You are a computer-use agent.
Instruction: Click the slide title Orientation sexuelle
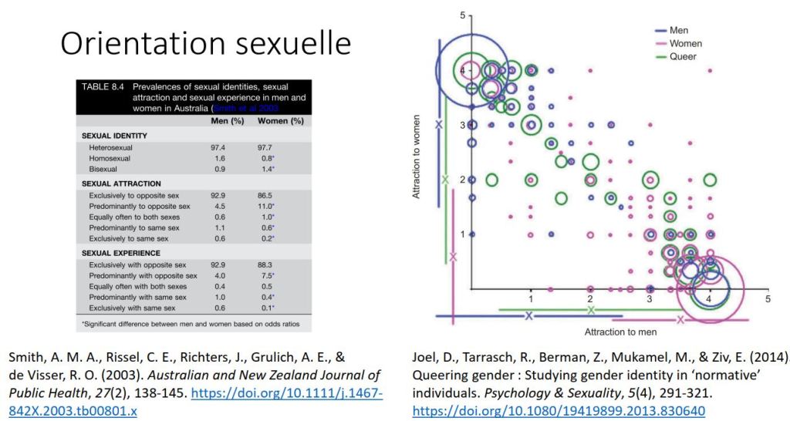[205, 43]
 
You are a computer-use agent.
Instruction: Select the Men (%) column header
[228, 121]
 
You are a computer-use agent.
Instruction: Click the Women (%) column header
[280, 121]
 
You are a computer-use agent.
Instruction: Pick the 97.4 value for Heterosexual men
[225, 147]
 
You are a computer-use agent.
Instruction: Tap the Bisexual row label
[105, 168]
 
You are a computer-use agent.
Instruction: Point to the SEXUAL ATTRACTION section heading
[121, 184]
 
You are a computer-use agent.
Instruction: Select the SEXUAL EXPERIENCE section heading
[121, 253]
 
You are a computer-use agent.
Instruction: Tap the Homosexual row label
[110, 157]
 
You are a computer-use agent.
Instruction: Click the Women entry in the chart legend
[685, 44]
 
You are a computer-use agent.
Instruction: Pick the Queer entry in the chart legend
[683, 56]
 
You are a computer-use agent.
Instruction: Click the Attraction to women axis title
[417, 157]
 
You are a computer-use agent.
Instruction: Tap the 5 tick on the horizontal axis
[768, 298]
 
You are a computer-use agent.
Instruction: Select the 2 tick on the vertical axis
[462, 180]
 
